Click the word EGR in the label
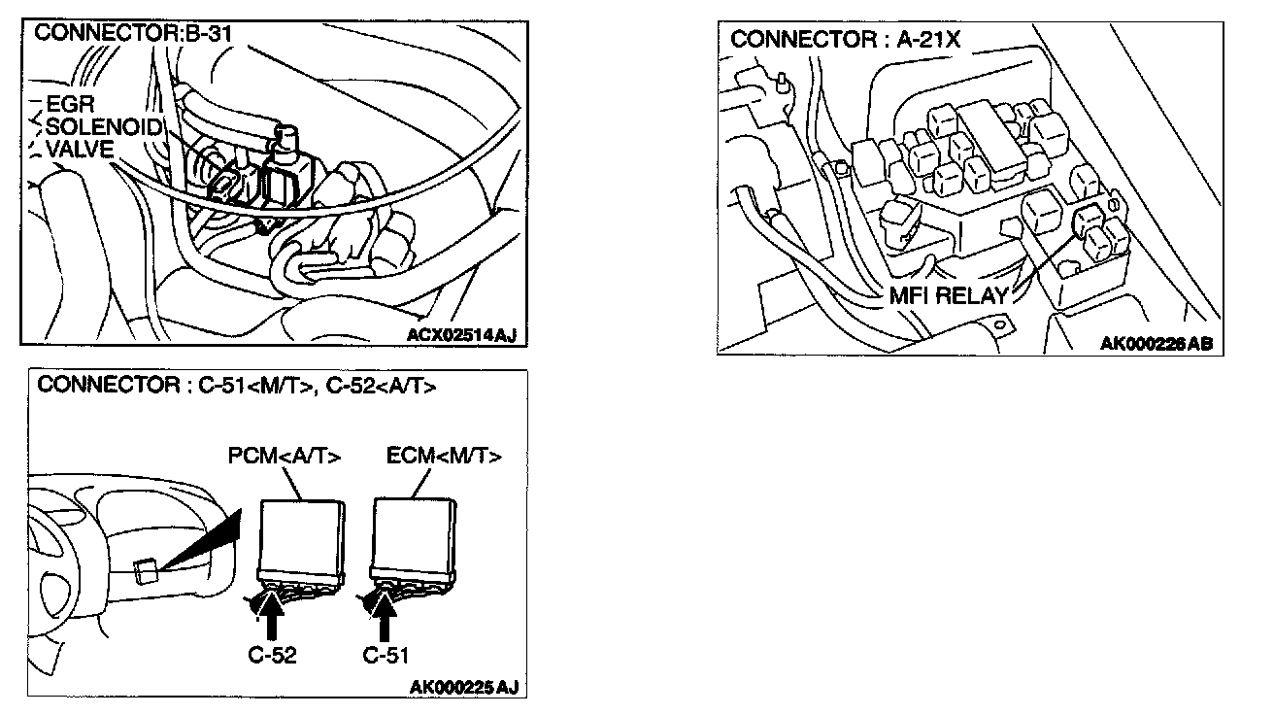[69, 106]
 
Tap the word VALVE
[79, 149]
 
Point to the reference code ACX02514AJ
[461, 335]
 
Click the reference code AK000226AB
[1156, 343]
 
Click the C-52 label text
[273, 655]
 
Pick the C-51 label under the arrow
[386, 655]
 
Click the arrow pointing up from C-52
[273, 618]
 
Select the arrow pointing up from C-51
[386, 618]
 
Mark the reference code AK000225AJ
[463, 688]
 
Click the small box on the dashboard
[147, 570]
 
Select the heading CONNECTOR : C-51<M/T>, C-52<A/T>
[236, 386]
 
